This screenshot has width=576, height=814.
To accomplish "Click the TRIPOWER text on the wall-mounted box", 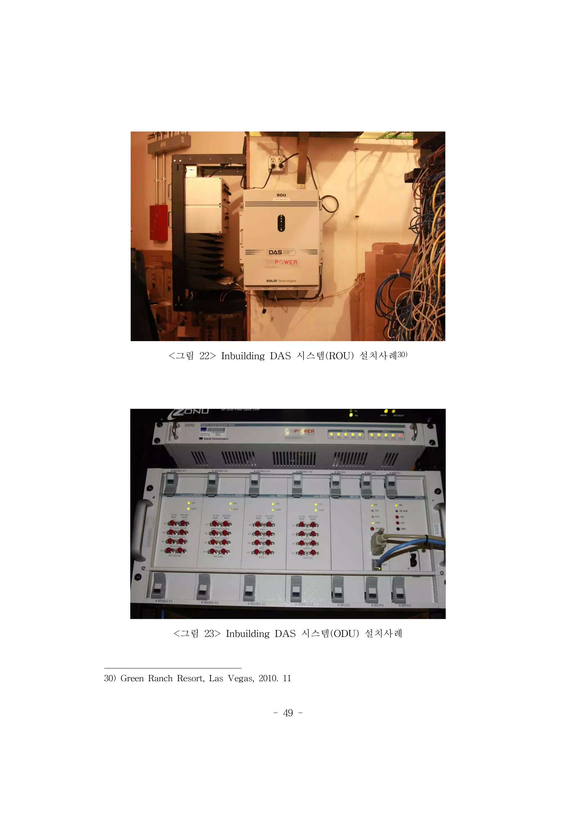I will [x=281, y=262].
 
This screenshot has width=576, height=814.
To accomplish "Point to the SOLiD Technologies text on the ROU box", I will [x=281, y=281].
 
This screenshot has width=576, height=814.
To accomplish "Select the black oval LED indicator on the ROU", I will [x=281, y=223].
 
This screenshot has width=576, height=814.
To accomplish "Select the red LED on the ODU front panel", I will [x=401, y=435].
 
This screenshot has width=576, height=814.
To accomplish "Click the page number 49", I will [x=288, y=713].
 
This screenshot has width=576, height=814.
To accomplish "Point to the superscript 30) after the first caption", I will [x=402, y=354].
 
